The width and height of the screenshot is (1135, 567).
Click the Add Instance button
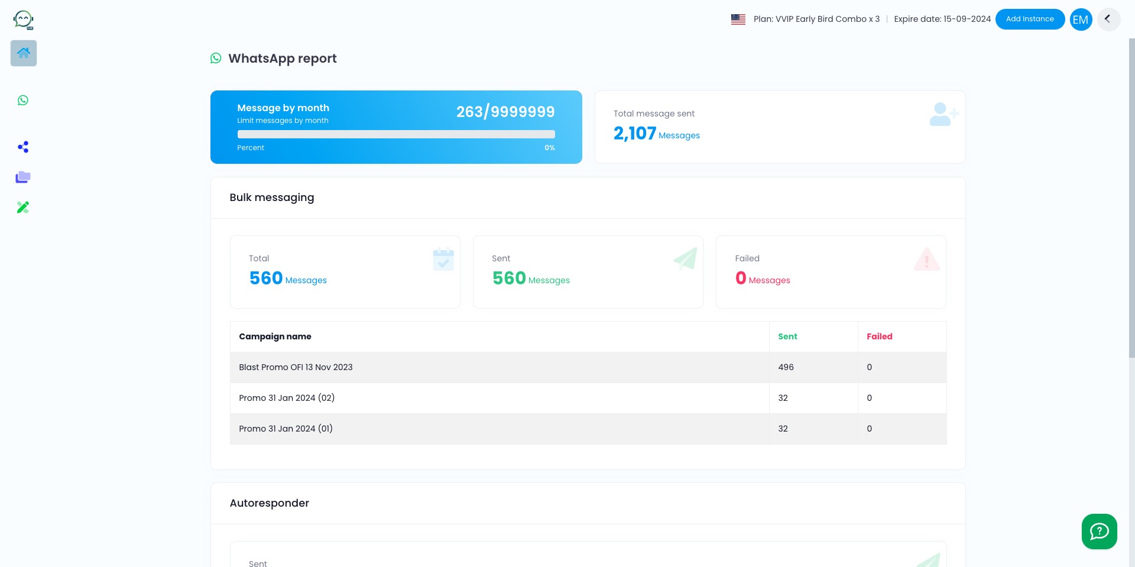click(x=1030, y=19)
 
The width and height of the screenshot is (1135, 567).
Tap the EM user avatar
click(x=1081, y=20)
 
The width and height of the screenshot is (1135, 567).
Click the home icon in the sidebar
click(x=24, y=53)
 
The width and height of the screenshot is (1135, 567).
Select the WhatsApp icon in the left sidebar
click(x=23, y=101)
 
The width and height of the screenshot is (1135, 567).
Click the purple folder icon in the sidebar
click(x=23, y=177)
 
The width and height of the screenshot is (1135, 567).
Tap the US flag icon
click(x=738, y=20)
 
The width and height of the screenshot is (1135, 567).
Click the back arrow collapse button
click(x=1108, y=19)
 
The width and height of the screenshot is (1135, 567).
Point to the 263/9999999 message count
click(x=505, y=112)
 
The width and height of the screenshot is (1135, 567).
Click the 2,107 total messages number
click(x=635, y=134)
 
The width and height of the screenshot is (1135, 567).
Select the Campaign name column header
click(x=275, y=336)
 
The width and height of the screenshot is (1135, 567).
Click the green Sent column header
click(x=787, y=336)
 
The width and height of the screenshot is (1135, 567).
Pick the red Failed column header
click(x=880, y=336)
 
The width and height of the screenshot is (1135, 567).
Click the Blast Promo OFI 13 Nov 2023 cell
click(x=296, y=367)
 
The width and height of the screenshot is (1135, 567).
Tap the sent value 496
click(x=786, y=367)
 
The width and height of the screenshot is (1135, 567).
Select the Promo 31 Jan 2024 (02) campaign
click(x=287, y=398)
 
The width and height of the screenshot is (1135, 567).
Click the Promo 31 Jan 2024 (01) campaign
click(x=286, y=429)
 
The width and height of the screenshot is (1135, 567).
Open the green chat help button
click(x=1100, y=532)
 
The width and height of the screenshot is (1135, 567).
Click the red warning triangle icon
click(x=927, y=260)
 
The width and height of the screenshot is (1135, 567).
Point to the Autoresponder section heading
click(x=270, y=503)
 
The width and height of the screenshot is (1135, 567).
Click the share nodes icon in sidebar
click(x=23, y=147)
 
